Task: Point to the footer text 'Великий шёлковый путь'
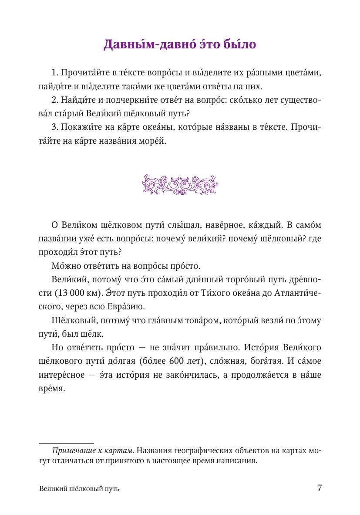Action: point(79,489)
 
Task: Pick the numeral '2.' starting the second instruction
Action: point(55,101)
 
